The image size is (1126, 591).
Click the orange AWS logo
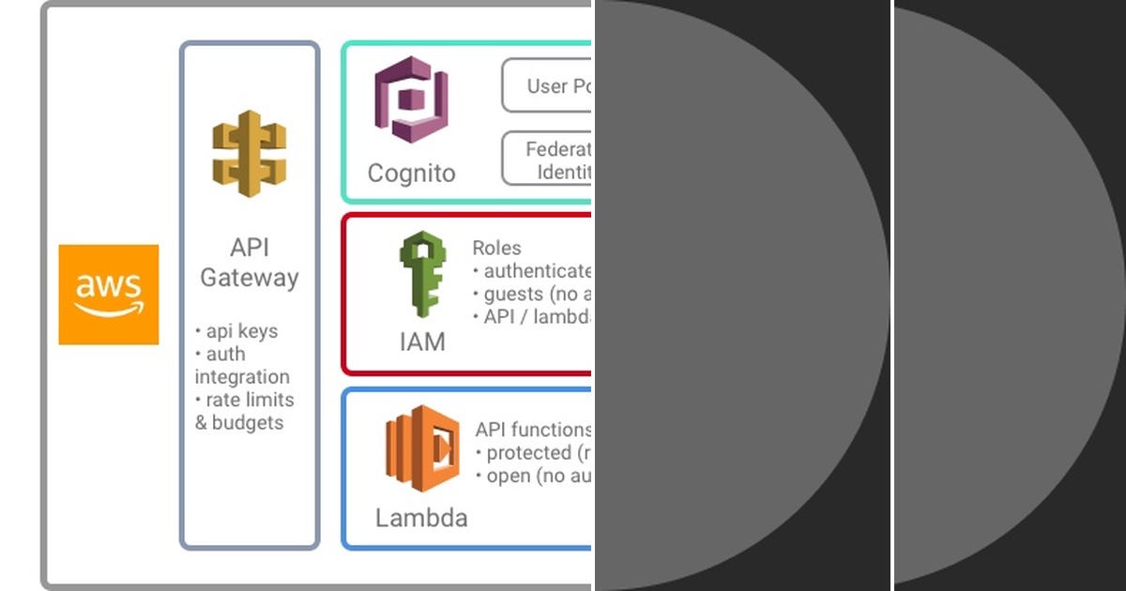tap(108, 295)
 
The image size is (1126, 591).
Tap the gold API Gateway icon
tap(249, 153)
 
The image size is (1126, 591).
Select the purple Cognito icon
tap(411, 99)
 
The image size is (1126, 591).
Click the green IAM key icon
tap(421, 275)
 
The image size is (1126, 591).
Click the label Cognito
tap(411, 174)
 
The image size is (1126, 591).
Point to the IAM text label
tap(422, 341)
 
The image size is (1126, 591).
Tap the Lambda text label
tap(421, 518)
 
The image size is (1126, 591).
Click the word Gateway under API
tap(250, 278)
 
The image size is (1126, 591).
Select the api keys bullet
tap(236, 331)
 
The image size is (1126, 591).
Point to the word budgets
tap(248, 423)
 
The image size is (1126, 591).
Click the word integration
tap(242, 377)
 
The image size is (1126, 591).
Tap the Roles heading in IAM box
tap(496, 248)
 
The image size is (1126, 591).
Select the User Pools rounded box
tap(548, 86)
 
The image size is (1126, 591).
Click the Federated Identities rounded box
tap(548, 159)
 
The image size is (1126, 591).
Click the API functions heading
tap(533, 430)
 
